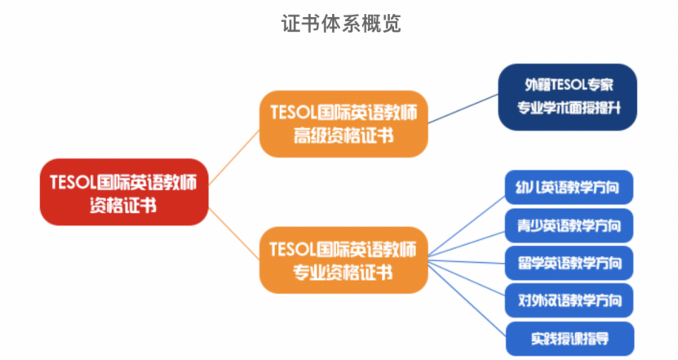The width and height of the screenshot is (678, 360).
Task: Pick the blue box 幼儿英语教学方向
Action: (569, 189)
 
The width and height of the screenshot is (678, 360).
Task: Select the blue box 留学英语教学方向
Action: (569, 263)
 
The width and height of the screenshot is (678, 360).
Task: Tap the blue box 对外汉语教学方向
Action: (569, 300)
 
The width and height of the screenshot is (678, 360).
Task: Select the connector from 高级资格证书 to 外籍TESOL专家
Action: (463, 109)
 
